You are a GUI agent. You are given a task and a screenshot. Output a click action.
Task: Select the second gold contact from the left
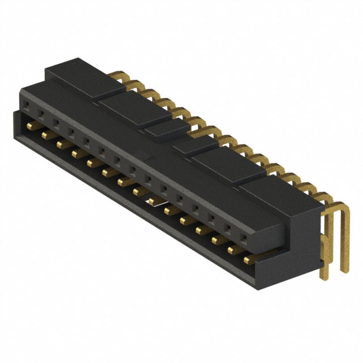[x=44, y=136]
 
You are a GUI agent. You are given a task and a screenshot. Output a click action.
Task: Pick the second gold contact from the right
[x=232, y=251]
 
